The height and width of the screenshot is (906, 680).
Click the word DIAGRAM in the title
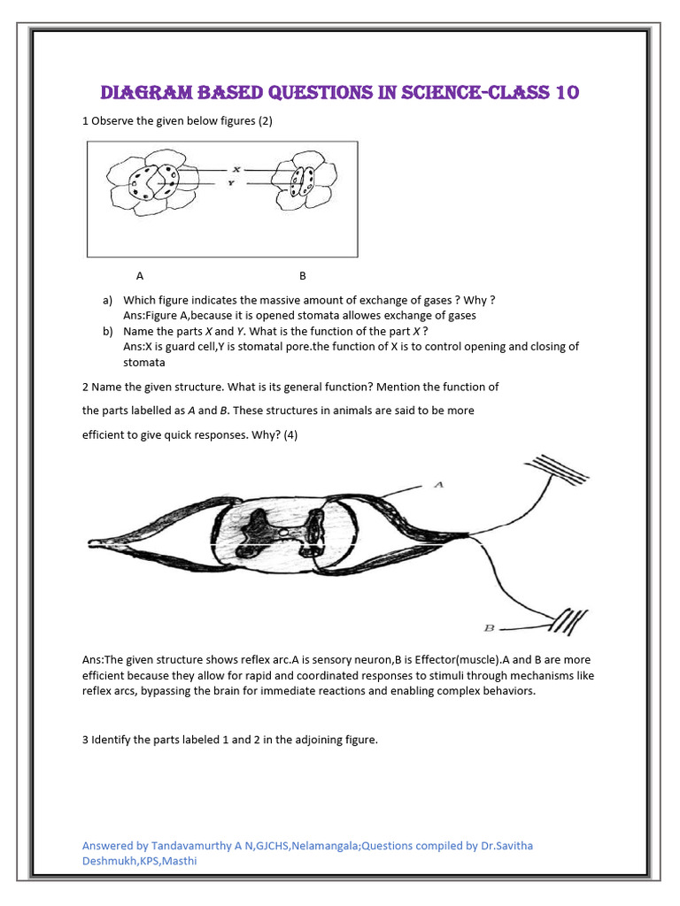148,93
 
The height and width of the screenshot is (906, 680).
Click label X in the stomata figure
236,169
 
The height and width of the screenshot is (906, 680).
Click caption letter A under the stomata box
140,275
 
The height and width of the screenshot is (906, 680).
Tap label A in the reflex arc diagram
437,484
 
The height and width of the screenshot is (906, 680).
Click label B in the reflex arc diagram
488,627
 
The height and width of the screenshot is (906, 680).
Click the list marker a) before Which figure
108,300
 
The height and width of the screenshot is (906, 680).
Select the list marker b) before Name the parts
108,331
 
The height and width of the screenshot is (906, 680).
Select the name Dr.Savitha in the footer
505,845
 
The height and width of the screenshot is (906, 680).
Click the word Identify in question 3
112,740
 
